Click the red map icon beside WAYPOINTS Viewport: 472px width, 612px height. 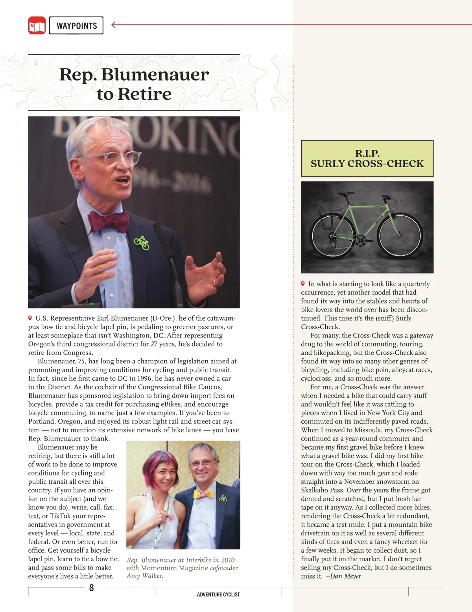click(x=37, y=25)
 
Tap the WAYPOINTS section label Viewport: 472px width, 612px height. click(x=76, y=26)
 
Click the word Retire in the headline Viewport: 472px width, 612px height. click(x=144, y=94)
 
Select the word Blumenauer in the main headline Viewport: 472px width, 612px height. click(x=155, y=75)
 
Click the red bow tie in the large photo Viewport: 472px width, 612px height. click(x=108, y=221)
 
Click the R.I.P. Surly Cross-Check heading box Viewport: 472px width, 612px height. click(x=367, y=159)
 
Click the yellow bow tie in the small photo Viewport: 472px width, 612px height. click(x=203, y=494)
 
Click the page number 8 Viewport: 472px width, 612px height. click(x=92, y=588)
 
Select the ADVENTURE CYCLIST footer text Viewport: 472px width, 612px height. click(x=218, y=594)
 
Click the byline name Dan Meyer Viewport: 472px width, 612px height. click(x=346, y=576)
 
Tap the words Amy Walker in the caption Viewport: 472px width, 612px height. click(x=144, y=576)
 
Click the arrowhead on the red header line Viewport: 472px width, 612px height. click(x=114, y=25)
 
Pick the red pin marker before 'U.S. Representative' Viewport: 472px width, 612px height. click(x=30, y=318)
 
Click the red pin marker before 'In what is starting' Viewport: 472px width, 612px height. click(x=303, y=284)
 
